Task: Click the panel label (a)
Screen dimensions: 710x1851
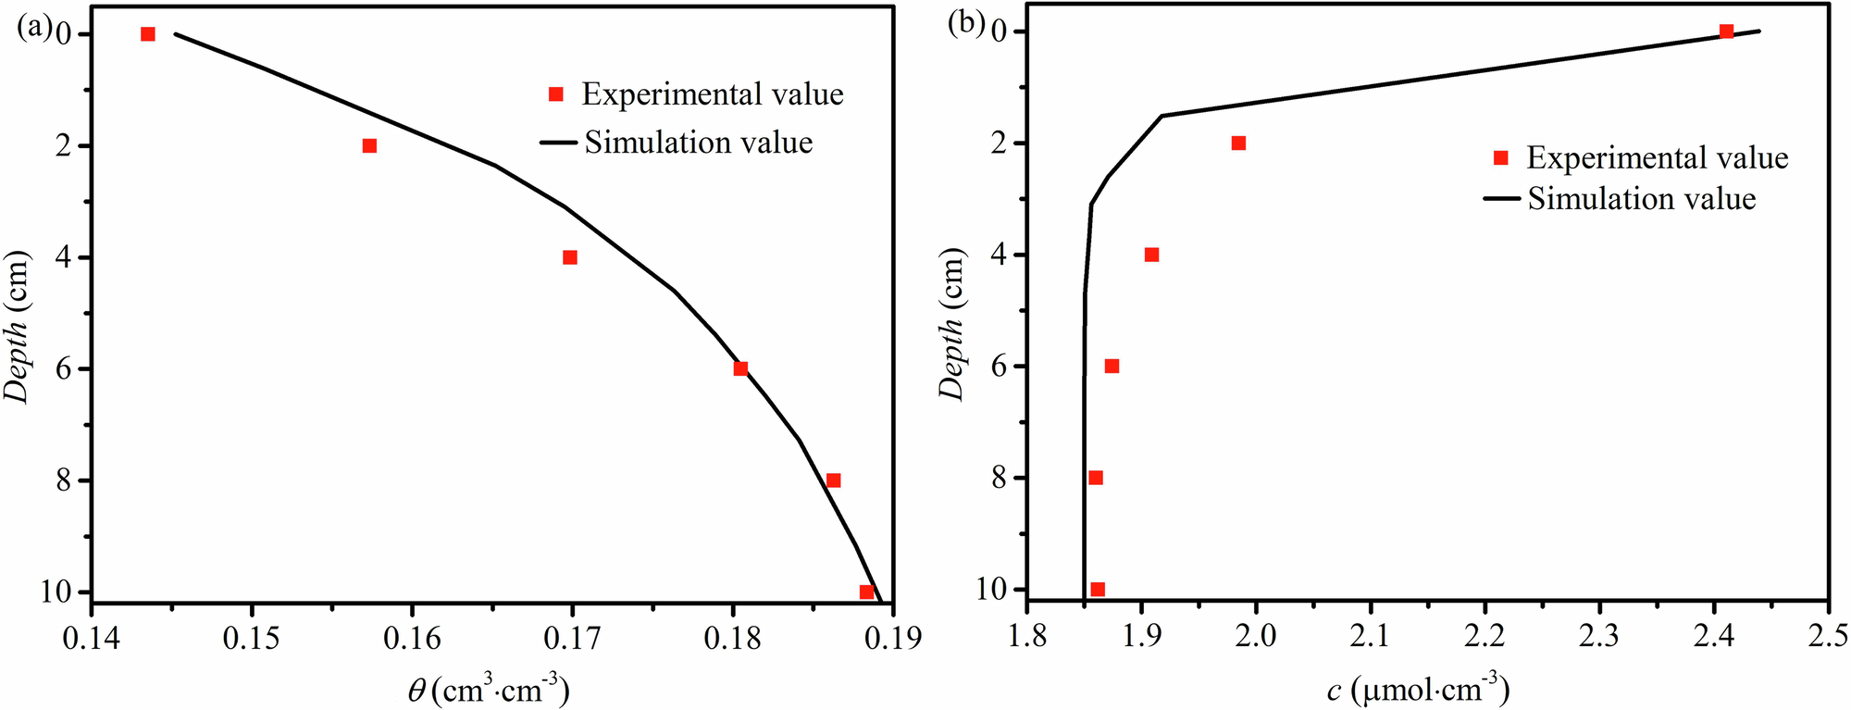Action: click(x=34, y=28)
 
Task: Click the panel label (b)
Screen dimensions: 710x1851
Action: click(x=966, y=23)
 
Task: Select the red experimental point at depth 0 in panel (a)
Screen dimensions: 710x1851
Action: click(x=148, y=34)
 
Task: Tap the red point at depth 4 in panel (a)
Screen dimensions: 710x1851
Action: click(x=570, y=257)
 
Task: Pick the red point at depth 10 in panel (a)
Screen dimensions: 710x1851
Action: click(x=866, y=592)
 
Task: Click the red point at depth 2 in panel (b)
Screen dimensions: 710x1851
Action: click(x=1238, y=143)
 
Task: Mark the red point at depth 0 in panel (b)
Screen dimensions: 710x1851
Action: click(x=1726, y=31)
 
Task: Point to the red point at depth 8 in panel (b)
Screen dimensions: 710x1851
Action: click(x=1096, y=478)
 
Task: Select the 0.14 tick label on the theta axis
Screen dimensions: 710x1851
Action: click(x=91, y=639)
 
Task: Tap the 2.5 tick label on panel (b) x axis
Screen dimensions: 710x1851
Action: click(x=1828, y=636)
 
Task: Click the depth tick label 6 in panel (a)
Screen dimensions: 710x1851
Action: click(x=65, y=368)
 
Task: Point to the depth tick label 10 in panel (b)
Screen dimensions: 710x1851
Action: click(x=992, y=590)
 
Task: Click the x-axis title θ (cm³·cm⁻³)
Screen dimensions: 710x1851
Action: click(x=488, y=690)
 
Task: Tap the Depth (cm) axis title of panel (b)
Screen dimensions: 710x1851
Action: click(x=952, y=324)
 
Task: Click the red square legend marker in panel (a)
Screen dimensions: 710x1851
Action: click(x=556, y=94)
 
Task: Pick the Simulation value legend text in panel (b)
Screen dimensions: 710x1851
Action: click(x=1641, y=198)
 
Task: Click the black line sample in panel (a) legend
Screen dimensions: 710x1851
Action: click(x=559, y=143)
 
